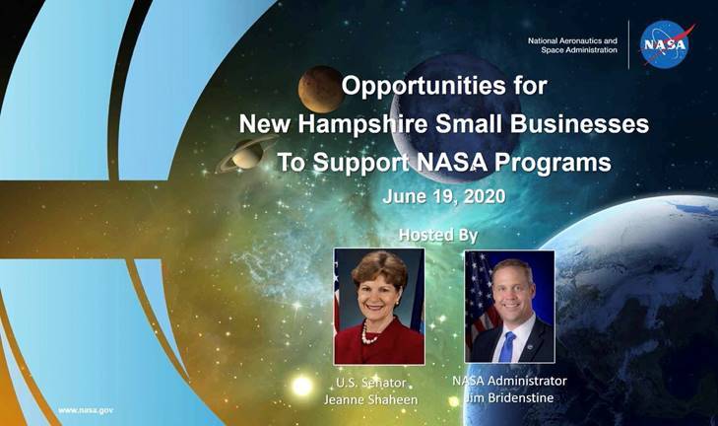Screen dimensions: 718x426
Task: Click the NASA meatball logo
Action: [x=665, y=44]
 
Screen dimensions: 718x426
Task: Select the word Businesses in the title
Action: [x=579, y=123]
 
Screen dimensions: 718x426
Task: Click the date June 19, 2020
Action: [x=444, y=196]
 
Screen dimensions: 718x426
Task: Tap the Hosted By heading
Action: [x=438, y=235]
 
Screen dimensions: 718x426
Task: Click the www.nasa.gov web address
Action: [x=86, y=410]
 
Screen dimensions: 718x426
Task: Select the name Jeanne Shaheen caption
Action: [x=371, y=399]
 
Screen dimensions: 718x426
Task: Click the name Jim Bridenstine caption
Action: [x=509, y=397]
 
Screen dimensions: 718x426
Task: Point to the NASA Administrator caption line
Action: [x=509, y=381]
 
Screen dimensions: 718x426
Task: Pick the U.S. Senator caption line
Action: [x=371, y=383]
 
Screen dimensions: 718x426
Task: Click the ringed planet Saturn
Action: [x=246, y=155]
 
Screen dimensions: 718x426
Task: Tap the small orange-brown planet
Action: [x=320, y=89]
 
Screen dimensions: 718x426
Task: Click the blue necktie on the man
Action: [x=507, y=347]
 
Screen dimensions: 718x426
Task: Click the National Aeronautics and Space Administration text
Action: [x=572, y=45]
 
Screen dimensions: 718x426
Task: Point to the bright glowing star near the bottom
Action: [x=301, y=386]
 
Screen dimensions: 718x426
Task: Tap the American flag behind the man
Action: [x=480, y=298]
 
